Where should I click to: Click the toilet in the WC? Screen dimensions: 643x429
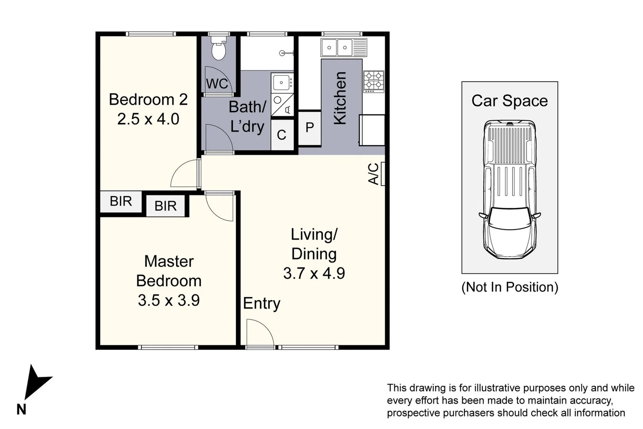[x=218, y=49]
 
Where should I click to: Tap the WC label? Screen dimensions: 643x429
[x=217, y=84]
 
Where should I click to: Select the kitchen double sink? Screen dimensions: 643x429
[x=337, y=48]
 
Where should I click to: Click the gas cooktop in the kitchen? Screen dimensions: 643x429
[x=373, y=81]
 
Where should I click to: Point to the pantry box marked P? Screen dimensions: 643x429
[x=310, y=128]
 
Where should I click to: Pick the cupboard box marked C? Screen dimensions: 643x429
[x=282, y=135]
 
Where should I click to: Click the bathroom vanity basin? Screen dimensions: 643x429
[x=282, y=83]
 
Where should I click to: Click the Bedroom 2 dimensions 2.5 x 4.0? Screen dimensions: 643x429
[x=148, y=119]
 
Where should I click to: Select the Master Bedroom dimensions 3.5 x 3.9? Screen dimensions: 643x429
[x=169, y=300]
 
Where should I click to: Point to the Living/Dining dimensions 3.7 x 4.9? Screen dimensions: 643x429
[x=314, y=273]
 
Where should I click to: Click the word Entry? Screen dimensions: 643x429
[x=262, y=303]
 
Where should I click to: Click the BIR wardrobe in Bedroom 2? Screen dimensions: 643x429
[x=121, y=201]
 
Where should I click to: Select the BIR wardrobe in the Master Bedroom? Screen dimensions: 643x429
[x=166, y=206]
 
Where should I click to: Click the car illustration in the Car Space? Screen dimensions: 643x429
[x=510, y=189]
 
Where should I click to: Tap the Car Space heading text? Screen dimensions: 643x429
[x=509, y=101]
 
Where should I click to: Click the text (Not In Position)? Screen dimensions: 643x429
[x=510, y=287]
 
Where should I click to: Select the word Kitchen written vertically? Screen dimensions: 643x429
[x=341, y=98]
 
